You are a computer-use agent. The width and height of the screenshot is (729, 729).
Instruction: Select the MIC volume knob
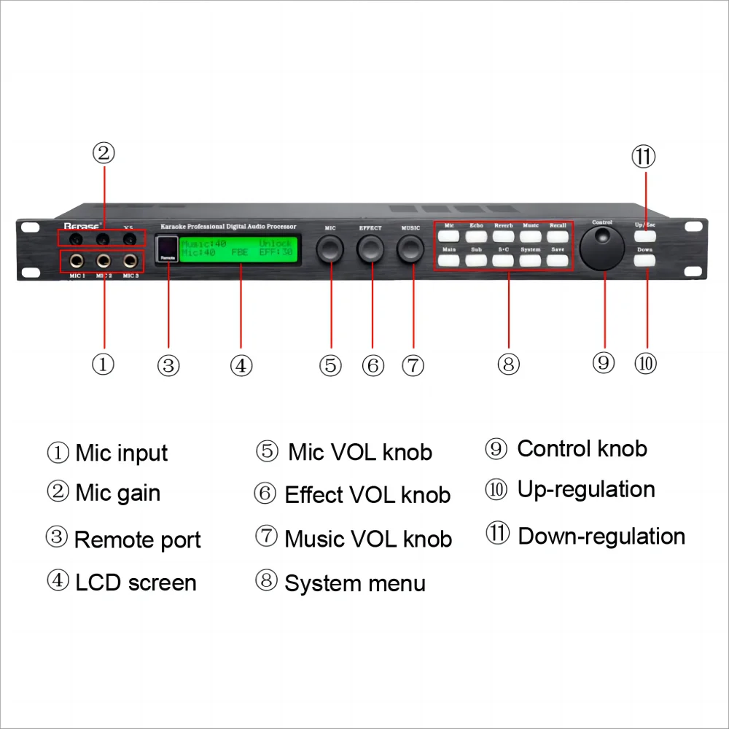click(330, 249)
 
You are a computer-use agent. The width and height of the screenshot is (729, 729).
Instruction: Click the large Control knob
click(602, 248)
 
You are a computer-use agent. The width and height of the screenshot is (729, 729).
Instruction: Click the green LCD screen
click(236, 249)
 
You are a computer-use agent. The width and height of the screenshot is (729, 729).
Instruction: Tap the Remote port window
click(168, 248)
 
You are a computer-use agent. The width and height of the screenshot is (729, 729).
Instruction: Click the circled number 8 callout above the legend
click(508, 364)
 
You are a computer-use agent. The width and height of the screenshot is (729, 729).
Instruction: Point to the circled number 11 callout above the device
click(644, 156)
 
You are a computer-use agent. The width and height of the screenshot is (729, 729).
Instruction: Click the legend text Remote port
click(137, 540)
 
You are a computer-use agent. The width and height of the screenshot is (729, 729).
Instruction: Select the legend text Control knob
click(582, 449)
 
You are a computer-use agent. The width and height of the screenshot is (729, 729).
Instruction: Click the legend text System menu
click(354, 583)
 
